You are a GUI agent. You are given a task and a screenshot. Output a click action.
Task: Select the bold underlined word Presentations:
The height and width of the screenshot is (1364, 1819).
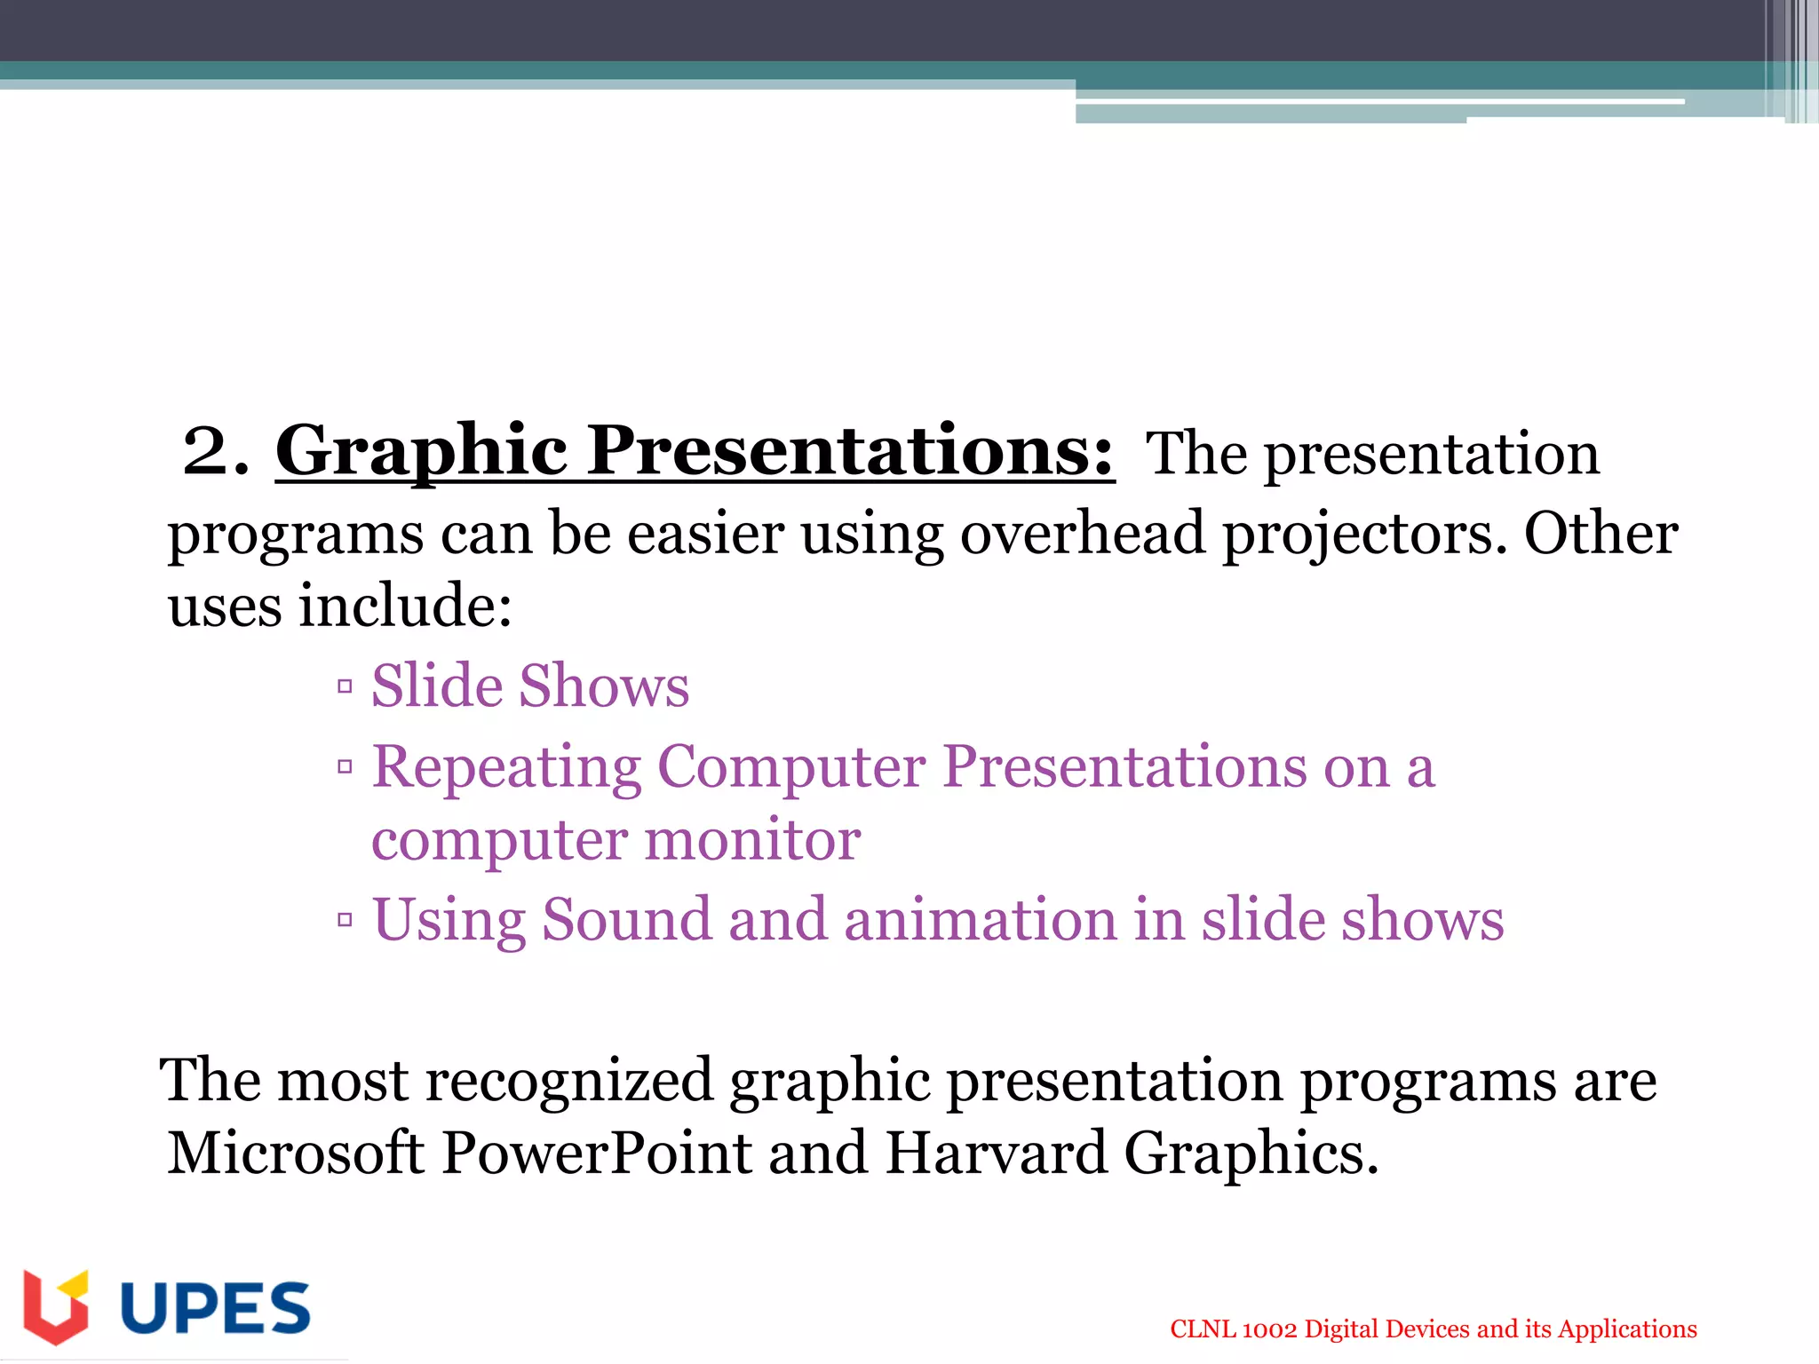(851, 451)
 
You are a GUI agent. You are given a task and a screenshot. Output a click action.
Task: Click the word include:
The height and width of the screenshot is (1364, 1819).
(405, 607)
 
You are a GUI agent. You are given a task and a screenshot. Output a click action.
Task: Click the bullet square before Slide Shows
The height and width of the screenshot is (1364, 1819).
(346, 686)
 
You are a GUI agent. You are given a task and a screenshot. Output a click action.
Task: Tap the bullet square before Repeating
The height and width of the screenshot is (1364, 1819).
(346, 766)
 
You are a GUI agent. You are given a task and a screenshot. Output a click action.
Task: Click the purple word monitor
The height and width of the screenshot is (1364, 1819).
(752, 840)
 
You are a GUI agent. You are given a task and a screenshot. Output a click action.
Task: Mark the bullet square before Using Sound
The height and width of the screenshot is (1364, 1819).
(346, 920)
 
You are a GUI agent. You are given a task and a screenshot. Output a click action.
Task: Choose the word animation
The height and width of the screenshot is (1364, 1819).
(980, 919)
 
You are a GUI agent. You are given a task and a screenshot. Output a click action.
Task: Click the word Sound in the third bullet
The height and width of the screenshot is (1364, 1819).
(627, 919)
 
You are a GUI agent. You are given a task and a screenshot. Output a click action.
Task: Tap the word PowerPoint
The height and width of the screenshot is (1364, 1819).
(597, 1154)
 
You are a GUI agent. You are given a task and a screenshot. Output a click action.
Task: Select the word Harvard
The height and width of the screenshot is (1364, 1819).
(997, 1154)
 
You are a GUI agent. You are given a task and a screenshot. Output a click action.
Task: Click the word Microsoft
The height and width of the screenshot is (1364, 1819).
(296, 1154)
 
